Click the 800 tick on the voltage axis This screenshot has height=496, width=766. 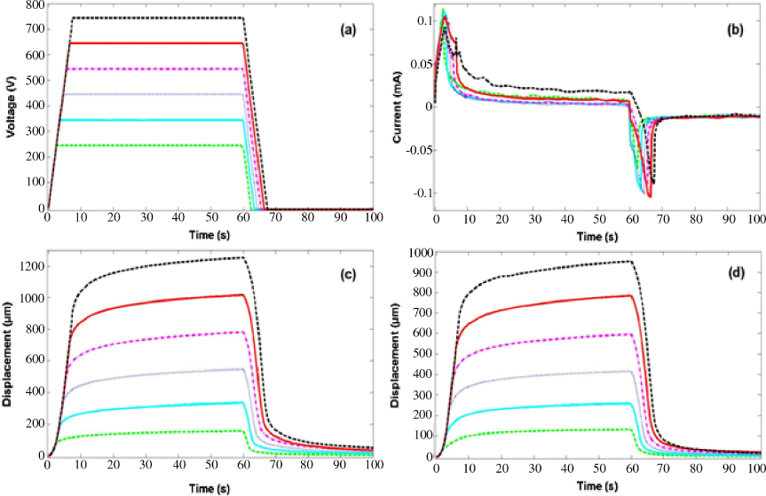pos(32,4)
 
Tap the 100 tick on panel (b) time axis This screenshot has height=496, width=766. pos(756,217)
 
